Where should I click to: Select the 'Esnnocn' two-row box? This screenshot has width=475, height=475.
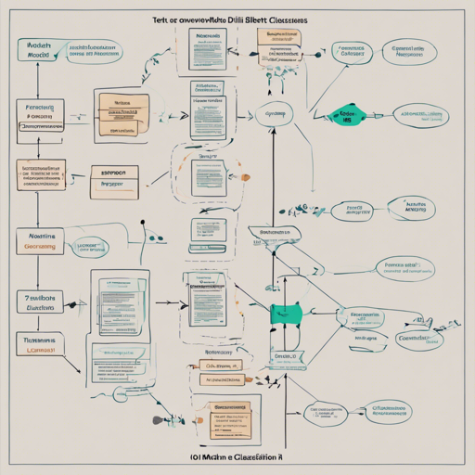tap(114, 177)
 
